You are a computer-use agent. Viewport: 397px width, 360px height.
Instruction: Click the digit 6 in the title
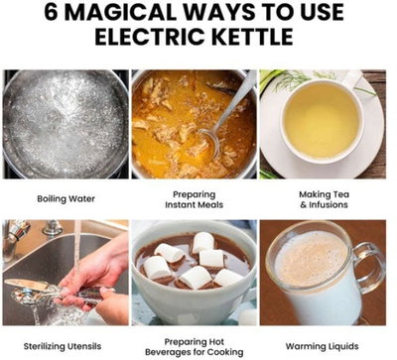tap(51, 12)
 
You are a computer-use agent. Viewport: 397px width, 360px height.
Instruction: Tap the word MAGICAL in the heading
tap(120, 12)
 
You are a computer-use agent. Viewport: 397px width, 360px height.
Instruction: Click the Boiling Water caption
tap(66, 199)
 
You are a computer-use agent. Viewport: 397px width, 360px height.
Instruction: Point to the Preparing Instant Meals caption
tap(195, 199)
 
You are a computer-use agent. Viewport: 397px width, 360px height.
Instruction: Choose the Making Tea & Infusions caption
tap(324, 199)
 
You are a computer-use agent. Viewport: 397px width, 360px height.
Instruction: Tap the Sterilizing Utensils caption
tap(63, 346)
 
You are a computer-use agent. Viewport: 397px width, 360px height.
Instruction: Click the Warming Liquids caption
tap(322, 346)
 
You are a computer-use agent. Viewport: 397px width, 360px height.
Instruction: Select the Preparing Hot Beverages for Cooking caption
tap(195, 347)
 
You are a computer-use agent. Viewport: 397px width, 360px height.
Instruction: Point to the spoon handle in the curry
tap(235, 101)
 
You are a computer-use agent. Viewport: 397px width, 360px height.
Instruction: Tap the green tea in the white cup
tap(322, 120)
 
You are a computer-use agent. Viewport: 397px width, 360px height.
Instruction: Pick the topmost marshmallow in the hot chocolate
tap(202, 241)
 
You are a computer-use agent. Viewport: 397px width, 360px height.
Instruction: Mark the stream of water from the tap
tap(77, 251)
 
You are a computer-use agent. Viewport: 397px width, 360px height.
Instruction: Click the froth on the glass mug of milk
tap(311, 258)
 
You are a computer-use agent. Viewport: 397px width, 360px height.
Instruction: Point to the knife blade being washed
tap(28, 285)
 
